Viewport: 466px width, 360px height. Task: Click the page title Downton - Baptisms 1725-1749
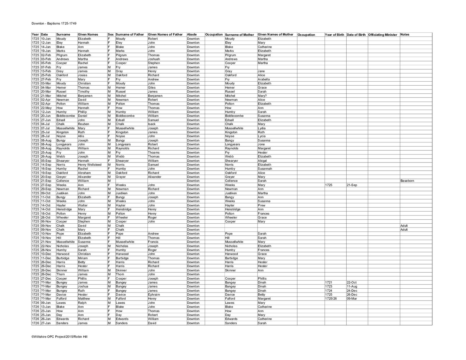click(54, 23)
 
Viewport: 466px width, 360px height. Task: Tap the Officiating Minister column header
click(382, 35)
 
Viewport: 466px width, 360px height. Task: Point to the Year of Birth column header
click(334, 35)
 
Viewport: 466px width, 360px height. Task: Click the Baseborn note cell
click(407, 181)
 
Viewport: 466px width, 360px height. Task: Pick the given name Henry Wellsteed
click(90, 165)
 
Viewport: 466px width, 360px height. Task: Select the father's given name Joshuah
click(154, 59)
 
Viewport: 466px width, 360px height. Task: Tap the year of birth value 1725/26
click(331, 299)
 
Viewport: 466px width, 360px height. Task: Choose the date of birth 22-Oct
click(352, 283)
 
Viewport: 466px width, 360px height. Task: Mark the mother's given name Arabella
click(264, 79)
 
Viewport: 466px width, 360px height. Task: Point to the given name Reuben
click(83, 124)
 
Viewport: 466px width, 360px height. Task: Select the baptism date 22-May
click(46, 108)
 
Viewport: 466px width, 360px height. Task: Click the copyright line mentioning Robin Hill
click(59, 337)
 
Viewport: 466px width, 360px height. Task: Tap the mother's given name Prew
click(262, 205)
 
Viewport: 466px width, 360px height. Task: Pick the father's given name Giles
click(152, 87)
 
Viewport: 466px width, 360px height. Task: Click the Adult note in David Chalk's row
click(404, 226)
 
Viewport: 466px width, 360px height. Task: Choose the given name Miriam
click(83, 258)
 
